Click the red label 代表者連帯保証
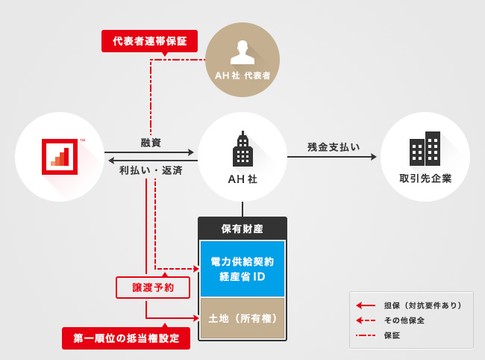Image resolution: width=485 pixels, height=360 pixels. pyautogui.click(x=150, y=40)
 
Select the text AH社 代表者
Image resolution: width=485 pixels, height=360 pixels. pyautogui.click(x=242, y=75)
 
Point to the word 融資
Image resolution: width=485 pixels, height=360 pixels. pyautogui.click(x=151, y=142)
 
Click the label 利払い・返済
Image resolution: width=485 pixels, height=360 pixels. pyautogui.click(x=151, y=170)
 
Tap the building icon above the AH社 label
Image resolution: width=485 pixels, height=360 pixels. pyautogui.click(x=242, y=150)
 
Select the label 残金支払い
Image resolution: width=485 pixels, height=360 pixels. pyautogui.click(x=334, y=146)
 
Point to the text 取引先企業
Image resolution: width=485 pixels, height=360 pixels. pyautogui.click(x=425, y=179)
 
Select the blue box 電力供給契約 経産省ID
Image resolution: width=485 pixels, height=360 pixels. pyautogui.click(x=242, y=269)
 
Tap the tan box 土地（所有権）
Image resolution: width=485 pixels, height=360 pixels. pyautogui.click(x=242, y=318)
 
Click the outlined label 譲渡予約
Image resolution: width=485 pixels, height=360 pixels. pyautogui.click(x=152, y=287)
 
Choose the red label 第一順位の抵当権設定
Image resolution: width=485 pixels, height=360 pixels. pyautogui.click(x=126, y=338)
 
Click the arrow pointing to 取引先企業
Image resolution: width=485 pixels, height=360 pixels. pyautogui.click(x=373, y=157)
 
